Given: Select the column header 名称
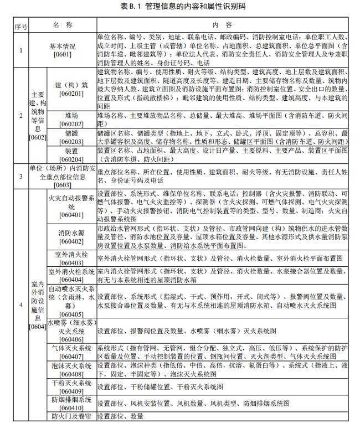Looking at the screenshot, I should click(x=63, y=25).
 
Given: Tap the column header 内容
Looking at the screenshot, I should click(x=223, y=25).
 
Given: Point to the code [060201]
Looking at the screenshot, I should click(x=71, y=94).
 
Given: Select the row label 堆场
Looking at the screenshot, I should click(x=71, y=115).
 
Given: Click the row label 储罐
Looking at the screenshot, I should click(x=71, y=133).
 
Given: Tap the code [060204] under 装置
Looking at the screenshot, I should click(x=71, y=159).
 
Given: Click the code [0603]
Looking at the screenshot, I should click(x=63, y=185).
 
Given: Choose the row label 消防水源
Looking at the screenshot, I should click(x=71, y=233).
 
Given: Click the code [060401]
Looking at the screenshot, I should click(x=71, y=214).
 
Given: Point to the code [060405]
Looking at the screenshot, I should click(x=71, y=314).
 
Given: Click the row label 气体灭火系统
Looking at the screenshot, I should click(x=71, y=348).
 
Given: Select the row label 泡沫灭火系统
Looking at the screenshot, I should click(x=71, y=366).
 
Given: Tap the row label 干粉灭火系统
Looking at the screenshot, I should click(x=71, y=383).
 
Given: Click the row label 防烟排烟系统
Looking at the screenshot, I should click(x=71, y=400).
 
